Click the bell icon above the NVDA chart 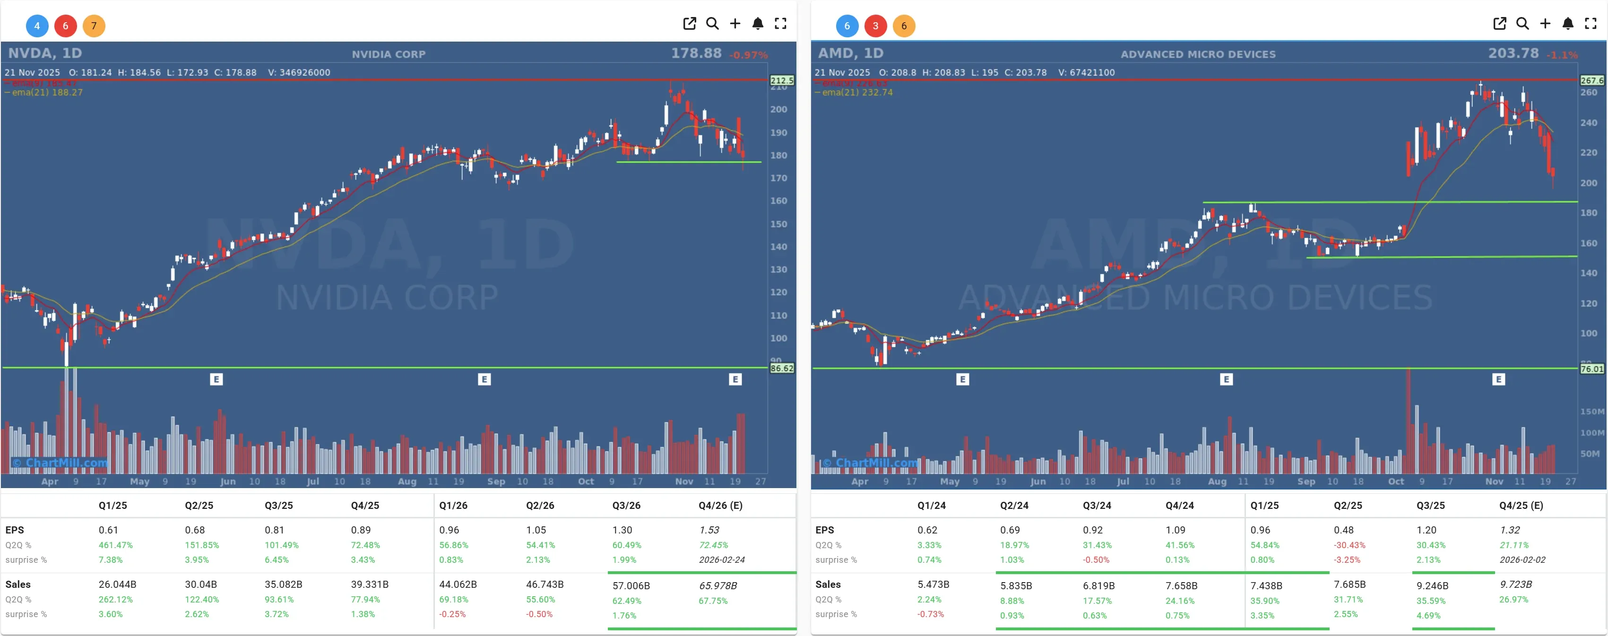coord(757,24)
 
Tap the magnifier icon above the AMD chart coord(1522,24)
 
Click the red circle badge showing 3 coord(875,26)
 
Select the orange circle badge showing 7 coord(94,26)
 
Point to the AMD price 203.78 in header coord(1513,54)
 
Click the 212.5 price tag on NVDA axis coord(781,80)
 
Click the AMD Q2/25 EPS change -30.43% coord(1349,545)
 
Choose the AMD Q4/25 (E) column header coord(1521,506)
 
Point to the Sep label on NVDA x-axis coord(496,481)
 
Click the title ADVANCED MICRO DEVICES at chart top coord(1197,54)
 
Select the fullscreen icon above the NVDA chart coord(780,24)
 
